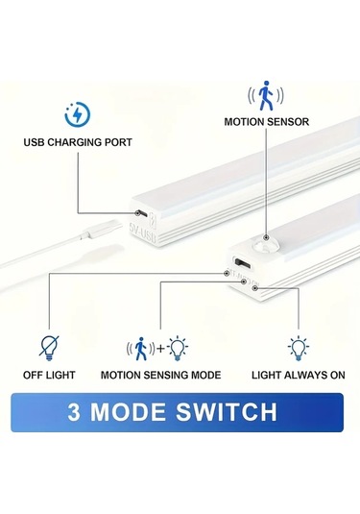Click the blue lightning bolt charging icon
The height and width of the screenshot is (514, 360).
point(74,114)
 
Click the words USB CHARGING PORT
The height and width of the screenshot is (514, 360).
point(78,142)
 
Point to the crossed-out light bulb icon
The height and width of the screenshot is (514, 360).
point(45,346)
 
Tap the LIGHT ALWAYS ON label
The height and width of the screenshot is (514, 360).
point(297,374)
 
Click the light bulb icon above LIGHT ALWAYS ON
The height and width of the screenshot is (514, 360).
point(298,346)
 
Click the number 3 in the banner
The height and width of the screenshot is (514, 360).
point(74,412)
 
